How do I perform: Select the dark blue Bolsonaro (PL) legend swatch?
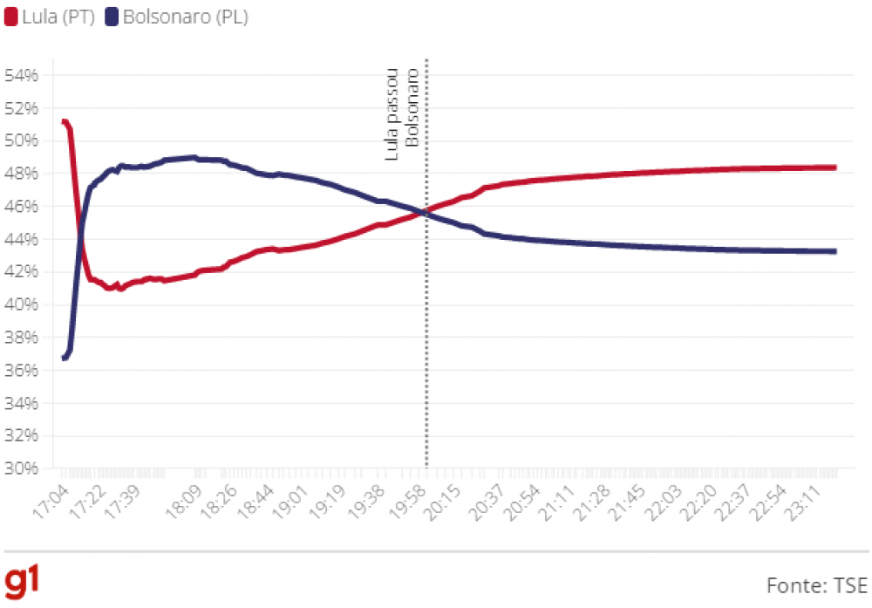pyautogui.click(x=112, y=17)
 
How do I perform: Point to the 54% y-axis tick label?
pyautogui.click(x=21, y=75)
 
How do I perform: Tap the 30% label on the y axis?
pyautogui.click(x=21, y=468)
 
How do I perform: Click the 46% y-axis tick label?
pyautogui.click(x=21, y=206)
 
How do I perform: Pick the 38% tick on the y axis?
pyautogui.click(x=21, y=338)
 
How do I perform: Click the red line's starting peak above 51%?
pyautogui.click(x=65, y=122)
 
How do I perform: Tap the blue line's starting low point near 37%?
pyautogui.click(x=65, y=358)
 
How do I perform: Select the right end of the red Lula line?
pyautogui.click(x=835, y=167)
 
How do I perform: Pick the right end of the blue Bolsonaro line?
pyautogui.click(x=835, y=251)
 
